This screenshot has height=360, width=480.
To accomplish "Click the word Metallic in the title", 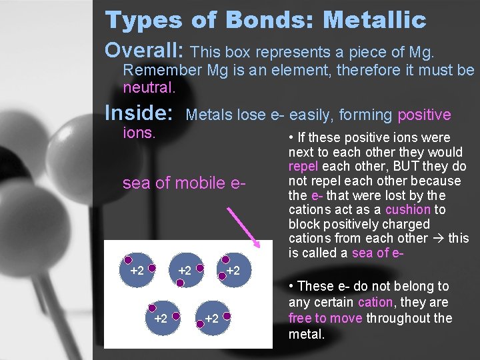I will pos(374,20).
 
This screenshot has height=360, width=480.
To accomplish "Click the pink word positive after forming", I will pos(424,115).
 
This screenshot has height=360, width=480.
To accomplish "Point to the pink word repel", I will pos(304,167).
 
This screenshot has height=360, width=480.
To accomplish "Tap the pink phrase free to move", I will pos(325,317).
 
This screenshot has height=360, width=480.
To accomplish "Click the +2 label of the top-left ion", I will pos(137,271).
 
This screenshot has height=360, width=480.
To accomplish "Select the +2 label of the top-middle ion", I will pos(185,271).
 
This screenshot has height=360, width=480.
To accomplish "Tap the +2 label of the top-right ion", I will pos(233,271).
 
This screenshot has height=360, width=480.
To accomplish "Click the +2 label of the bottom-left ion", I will pos(161,319).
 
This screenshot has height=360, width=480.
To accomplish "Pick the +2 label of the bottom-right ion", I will pos(211,319).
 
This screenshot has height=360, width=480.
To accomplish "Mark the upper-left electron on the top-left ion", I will pos(128,261).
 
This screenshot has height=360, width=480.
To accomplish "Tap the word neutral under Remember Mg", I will pos(149,87).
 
